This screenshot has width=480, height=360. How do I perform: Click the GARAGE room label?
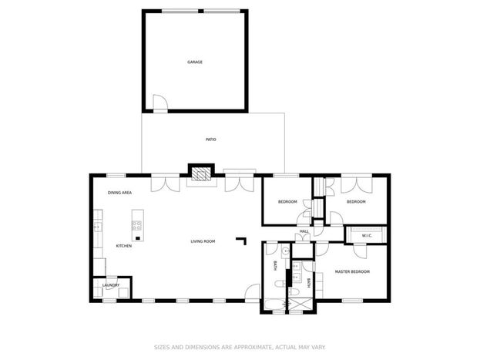coord(195,62)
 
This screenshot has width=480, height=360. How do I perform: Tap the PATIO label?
coord(210,140)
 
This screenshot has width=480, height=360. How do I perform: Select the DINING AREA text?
coord(119,193)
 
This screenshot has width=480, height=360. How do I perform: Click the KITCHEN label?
coord(124,246)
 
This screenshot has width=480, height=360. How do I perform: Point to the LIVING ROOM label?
coord(203,241)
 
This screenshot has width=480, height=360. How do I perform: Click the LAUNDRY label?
coord(111,285)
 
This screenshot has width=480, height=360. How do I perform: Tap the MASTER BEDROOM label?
coord(352,272)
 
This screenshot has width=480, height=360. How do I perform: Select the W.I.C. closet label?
coord(367,236)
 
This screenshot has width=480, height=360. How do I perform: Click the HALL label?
coord(304,231)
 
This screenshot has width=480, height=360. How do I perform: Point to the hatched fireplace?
coord(201,173)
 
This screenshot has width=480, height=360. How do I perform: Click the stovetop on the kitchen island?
coord(136,226)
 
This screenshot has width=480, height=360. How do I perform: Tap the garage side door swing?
coord(160,102)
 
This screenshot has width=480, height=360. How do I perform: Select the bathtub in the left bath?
coord(274,304)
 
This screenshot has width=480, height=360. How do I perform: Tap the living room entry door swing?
coord(253,291)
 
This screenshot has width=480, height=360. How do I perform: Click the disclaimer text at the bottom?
coord(240,347)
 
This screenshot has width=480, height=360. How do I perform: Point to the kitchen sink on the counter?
coord(97,227)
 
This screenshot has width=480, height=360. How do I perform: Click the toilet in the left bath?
coord(280,284)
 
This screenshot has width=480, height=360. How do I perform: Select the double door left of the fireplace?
coord(166,184)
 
